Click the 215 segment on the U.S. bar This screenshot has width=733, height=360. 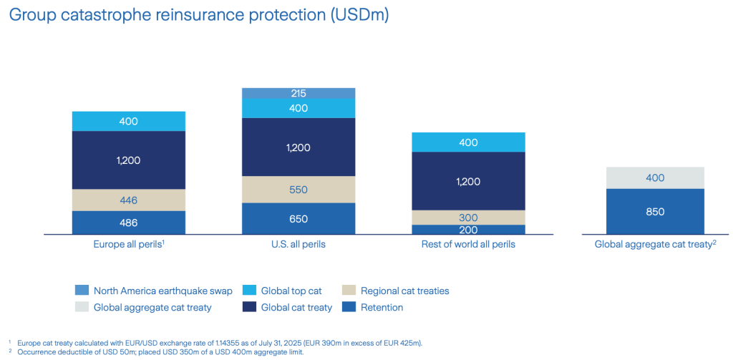pos(298,93)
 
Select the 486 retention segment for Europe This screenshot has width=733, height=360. pos(129,223)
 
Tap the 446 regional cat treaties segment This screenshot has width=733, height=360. pos(129,200)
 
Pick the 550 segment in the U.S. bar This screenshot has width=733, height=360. pos(298,190)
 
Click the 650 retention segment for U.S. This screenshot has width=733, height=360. pos(298,218)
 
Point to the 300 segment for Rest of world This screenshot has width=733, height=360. pos(468,218)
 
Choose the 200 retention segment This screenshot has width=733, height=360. pos(468,230)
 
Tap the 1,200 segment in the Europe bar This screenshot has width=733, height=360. pos(129,160)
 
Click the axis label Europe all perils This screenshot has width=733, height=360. pos(128,245)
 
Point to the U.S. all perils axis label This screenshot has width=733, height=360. pos(298,245)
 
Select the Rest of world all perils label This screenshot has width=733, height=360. pos(468,245)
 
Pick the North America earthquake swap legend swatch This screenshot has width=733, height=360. pos(82,291)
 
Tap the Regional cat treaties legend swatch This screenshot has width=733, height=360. pos(349,291)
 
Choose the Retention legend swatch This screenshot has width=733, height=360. pos(349,308)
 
